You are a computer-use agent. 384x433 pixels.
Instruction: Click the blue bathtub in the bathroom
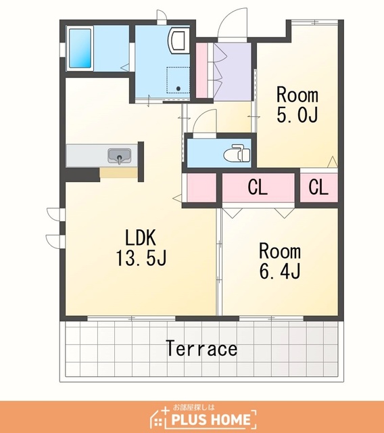click(x=80, y=48)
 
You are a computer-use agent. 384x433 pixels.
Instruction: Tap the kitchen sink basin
click(x=119, y=156)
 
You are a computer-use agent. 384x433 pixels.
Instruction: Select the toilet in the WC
click(x=237, y=153)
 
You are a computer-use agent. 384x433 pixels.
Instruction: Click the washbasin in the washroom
click(x=177, y=41)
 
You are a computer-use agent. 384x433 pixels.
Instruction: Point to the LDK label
click(x=141, y=237)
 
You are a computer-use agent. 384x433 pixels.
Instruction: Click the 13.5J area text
click(x=141, y=258)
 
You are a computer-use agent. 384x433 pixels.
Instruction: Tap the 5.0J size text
click(x=297, y=114)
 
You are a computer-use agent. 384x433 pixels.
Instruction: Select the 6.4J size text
click(x=280, y=271)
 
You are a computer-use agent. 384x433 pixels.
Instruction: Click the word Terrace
click(x=201, y=348)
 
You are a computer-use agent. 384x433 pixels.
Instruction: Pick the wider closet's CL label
click(x=258, y=187)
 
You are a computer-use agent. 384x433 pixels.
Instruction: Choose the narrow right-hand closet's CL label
click(x=318, y=187)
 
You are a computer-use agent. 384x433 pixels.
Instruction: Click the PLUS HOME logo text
click(x=211, y=419)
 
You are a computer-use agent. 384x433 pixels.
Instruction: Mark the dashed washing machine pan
click(x=178, y=80)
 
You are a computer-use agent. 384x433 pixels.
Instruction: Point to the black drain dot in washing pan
click(x=178, y=89)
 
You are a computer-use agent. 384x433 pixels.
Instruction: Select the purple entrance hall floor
click(x=233, y=72)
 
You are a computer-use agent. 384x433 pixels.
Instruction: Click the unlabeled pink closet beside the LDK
click(x=201, y=188)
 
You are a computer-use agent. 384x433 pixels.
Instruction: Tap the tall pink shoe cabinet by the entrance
click(x=201, y=70)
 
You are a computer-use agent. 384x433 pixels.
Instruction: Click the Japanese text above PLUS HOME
click(x=193, y=407)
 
